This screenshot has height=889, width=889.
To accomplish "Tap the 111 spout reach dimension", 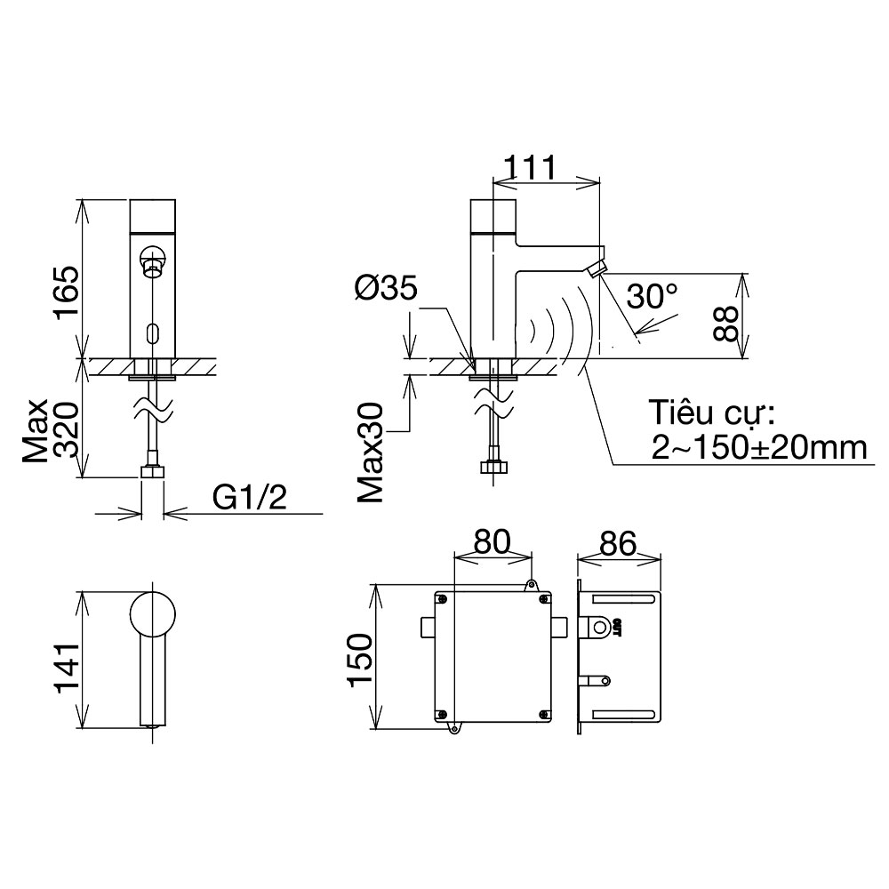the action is [530, 168].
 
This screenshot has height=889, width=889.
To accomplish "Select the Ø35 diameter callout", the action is [386, 288].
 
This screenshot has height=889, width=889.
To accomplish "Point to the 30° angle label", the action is [652, 297].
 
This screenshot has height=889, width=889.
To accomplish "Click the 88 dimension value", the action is [725, 324].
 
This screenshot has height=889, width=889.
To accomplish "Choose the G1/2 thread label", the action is [250, 498].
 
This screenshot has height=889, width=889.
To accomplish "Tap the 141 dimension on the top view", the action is [65, 669].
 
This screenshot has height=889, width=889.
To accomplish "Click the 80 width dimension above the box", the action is [493, 541].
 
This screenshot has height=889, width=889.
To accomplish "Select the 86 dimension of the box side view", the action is [618, 544].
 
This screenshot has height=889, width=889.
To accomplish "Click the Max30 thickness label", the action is [371, 452].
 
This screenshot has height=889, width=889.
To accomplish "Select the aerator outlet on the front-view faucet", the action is [153, 267].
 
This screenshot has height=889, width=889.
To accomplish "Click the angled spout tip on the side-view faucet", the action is [597, 268].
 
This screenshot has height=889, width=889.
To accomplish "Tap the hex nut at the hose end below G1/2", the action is [153, 471].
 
